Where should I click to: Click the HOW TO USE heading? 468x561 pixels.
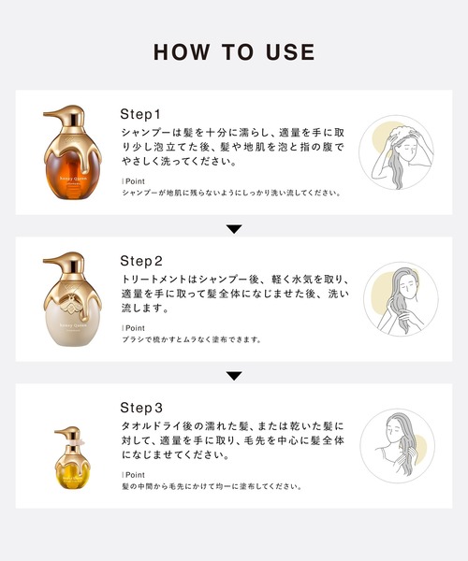(234, 51)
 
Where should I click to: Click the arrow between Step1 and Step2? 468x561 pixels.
(234, 229)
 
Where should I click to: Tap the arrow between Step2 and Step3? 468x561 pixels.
(234, 376)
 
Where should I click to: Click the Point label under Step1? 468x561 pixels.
(134, 180)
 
